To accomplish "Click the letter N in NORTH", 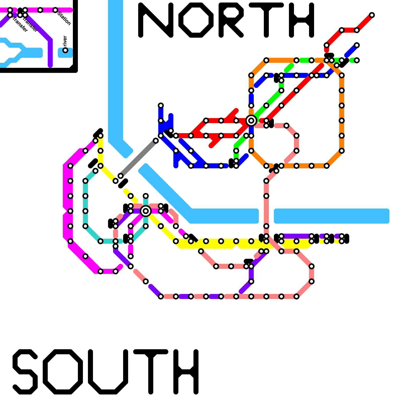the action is pyautogui.click(x=156, y=20).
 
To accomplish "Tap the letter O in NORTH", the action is pyautogui.click(x=196, y=20).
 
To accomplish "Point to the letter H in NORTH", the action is pyautogui.click(x=301, y=20).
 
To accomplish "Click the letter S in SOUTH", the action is pyautogui.click(x=25, y=372).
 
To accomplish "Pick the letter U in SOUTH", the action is pyautogui.click(x=108, y=372).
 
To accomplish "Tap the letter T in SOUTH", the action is pyautogui.click(x=151, y=372).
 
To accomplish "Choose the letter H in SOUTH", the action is pyautogui.click(x=186, y=372).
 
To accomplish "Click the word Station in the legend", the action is pyautogui.click(x=64, y=18).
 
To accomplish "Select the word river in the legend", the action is pyautogui.click(x=65, y=41).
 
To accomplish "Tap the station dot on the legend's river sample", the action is pyautogui.click(x=65, y=50).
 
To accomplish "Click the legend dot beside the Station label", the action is pyautogui.click(x=55, y=10).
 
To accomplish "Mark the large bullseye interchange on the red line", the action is pyautogui.click(x=251, y=121).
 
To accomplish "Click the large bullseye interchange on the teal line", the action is pyautogui.click(x=146, y=211).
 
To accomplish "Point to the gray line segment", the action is pyautogui.click(x=138, y=158).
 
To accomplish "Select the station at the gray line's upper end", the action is pyautogui.click(x=156, y=141).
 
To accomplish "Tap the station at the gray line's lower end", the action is pyautogui.click(x=121, y=176).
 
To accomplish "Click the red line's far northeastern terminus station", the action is pyautogui.click(x=372, y=15).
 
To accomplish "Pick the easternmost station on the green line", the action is pyautogui.click(x=357, y=60).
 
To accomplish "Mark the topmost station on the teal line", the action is pyautogui.click(x=146, y=196).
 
